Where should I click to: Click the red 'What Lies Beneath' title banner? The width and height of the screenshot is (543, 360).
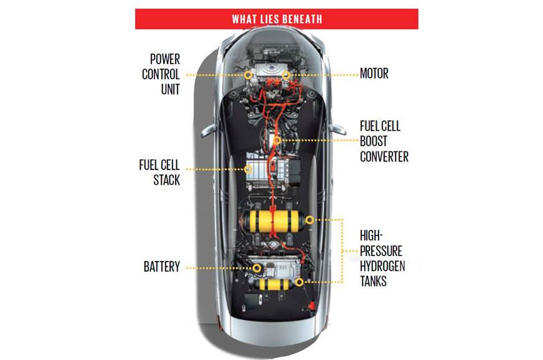click(x=276, y=19)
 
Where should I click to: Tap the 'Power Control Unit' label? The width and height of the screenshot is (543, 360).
click(x=161, y=74)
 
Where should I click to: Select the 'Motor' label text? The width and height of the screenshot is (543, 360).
click(x=374, y=73)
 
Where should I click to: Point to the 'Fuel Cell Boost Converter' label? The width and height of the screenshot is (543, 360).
click(x=384, y=141)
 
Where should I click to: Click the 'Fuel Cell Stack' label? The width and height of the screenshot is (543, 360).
click(x=159, y=173)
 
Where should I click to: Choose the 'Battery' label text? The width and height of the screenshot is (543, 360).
click(x=161, y=267)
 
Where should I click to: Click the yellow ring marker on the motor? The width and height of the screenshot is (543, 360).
click(x=286, y=74)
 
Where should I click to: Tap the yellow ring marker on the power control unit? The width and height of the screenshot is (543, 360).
click(x=248, y=74)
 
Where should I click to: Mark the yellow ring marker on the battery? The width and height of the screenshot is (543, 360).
click(x=257, y=267)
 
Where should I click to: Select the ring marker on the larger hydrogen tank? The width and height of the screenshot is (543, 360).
click(x=309, y=220)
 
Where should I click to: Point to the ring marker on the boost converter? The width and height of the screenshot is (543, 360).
click(x=277, y=141)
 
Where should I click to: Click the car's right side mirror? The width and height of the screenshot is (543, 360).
click(x=338, y=129)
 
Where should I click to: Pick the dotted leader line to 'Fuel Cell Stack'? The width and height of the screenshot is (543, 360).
click(x=215, y=169)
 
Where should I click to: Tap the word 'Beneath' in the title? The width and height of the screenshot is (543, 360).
click(x=301, y=19)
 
